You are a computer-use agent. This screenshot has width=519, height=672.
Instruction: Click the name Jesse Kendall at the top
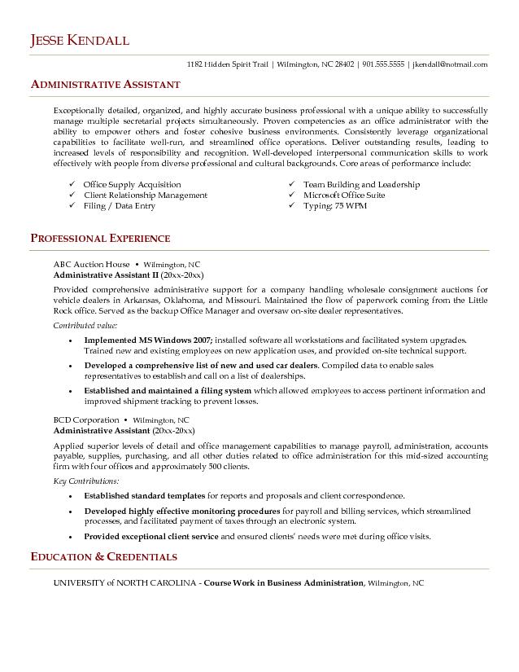[x=80, y=40]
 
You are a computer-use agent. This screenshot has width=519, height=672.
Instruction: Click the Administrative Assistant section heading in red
[x=106, y=85]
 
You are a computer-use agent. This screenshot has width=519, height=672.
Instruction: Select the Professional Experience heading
[x=100, y=239]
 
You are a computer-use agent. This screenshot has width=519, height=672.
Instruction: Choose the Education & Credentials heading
[x=103, y=557]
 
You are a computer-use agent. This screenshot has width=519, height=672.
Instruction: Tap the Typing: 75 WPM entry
[x=335, y=206]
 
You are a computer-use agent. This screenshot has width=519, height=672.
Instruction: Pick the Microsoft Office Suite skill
[x=344, y=195]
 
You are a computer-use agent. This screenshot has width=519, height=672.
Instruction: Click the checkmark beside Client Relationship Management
[x=73, y=195]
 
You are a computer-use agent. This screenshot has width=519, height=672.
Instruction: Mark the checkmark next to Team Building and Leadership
[x=292, y=185]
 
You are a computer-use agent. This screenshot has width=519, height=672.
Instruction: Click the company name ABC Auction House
[x=91, y=265]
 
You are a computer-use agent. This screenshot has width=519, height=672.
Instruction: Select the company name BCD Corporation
[x=86, y=420]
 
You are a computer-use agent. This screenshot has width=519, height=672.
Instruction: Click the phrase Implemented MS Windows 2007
[x=148, y=339]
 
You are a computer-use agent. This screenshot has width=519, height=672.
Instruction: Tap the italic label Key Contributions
[x=81, y=481]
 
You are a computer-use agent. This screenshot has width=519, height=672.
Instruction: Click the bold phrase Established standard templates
[x=145, y=495]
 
